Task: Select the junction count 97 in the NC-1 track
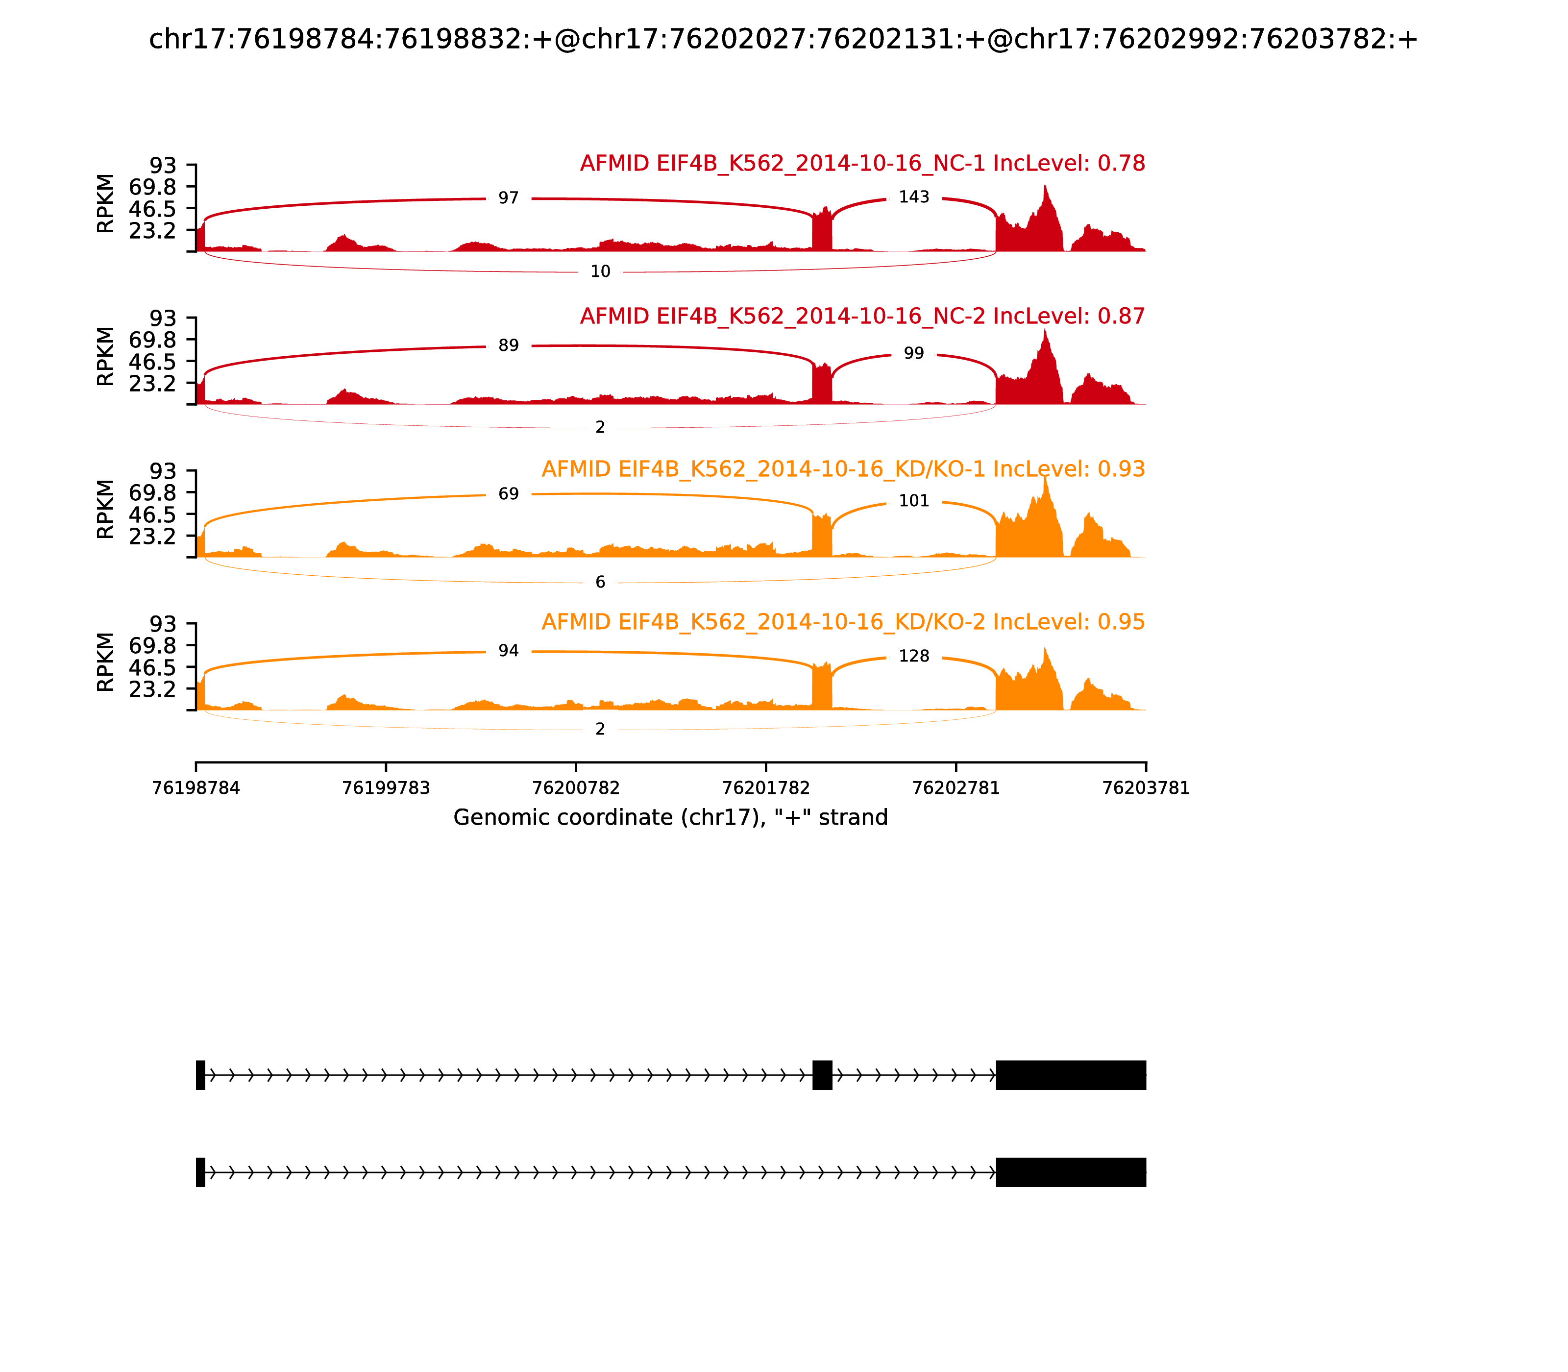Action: coord(509,198)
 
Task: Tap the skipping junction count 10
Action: coord(600,272)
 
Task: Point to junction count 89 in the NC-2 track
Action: coord(509,346)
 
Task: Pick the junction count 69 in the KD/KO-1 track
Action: coord(509,494)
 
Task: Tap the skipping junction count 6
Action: coord(600,583)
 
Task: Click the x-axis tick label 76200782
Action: coord(576,788)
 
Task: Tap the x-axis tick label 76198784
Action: coord(196,788)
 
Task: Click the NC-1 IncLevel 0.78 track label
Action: coord(862,164)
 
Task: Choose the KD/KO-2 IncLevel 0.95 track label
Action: coord(843,622)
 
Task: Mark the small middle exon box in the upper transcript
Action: coord(822,1075)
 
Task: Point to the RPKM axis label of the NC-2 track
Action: coord(106,357)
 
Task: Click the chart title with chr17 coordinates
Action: coord(783,40)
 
